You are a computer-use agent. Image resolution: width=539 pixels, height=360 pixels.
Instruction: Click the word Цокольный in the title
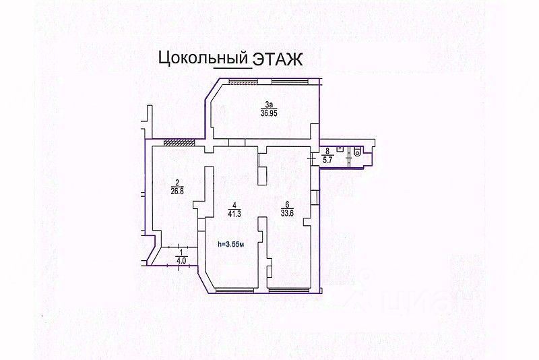point(203,58)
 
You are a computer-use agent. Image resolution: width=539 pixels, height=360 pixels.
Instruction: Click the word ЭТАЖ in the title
point(278,59)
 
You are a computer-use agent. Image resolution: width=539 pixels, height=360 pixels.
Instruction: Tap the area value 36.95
point(269,113)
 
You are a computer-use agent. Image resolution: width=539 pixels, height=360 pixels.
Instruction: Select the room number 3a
point(268,104)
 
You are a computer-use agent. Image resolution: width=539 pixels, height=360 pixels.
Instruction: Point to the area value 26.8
point(177,191)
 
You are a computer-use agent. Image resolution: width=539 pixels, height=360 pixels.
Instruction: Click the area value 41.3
point(234,214)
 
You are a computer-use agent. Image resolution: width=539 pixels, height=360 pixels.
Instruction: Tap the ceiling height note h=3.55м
point(231,245)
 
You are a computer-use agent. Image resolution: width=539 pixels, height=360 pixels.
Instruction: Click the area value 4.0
point(181,261)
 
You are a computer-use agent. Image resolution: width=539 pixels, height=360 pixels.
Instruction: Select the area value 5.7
point(327,160)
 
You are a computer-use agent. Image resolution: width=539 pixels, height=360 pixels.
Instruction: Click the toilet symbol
point(358,151)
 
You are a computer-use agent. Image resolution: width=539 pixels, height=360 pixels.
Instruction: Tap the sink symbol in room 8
point(340,149)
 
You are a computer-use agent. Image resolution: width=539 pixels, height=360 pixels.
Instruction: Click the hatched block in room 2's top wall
point(179,142)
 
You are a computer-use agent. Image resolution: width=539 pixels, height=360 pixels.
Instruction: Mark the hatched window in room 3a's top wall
point(243,81)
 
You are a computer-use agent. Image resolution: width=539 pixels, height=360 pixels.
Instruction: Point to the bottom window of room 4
point(234,291)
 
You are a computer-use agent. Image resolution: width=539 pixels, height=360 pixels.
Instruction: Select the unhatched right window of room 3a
point(290,81)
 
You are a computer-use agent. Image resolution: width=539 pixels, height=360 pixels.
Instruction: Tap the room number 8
point(327,150)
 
